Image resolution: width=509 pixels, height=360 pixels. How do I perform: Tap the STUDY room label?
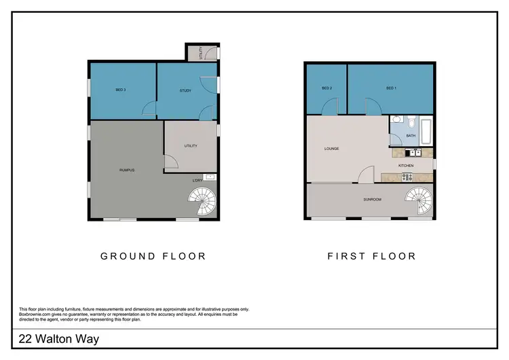pyautogui.click(x=185, y=90)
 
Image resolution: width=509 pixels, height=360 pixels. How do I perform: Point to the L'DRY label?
pyautogui.click(x=198, y=179)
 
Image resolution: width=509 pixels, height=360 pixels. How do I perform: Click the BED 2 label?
pyautogui.click(x=326, y=88)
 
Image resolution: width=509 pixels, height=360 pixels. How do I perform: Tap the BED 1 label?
pyautogui.click(x=390, y=88)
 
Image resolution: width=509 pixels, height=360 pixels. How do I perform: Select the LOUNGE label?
pyautogui.click(x=331, y=148)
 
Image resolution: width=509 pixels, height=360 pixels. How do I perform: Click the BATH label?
pyautogui.click(x=411, y=136)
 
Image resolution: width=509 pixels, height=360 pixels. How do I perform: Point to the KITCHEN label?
pyautogui.click(x=406, y=166)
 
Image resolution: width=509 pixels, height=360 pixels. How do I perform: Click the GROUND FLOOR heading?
pyautogui.click(x=153, y=256)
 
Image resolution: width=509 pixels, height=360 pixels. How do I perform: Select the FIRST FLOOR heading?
pyautogui.click(x=371, y=256)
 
